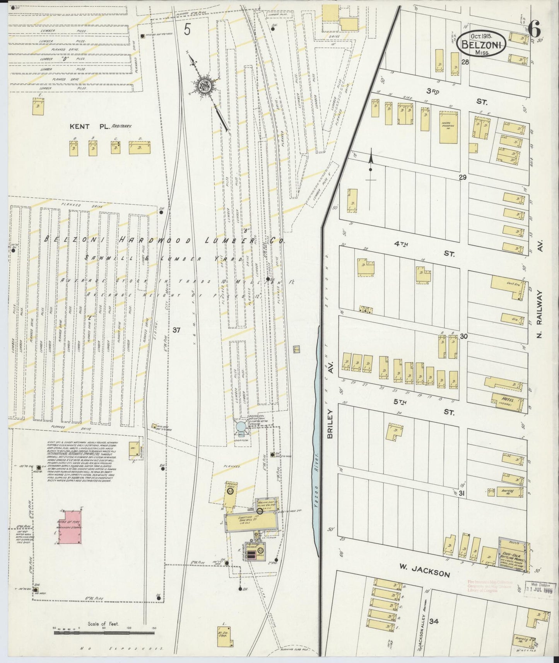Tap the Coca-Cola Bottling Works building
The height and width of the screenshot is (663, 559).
pos(513,555)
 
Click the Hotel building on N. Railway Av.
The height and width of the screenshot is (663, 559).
pos(507,402)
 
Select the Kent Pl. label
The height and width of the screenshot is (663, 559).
pos(80,126)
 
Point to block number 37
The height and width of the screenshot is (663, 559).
pos(177,330)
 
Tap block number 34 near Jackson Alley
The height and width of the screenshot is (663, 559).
pos(434,622)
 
